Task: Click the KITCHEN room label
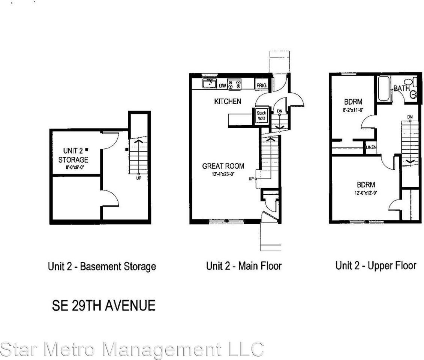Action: click(227, 101)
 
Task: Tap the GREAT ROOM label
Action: click(223, 166)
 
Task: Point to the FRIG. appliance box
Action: click(261, 85)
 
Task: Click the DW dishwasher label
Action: click(222, 86)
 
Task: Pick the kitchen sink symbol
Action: click(208, 84)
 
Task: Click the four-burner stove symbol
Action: click(235, 84)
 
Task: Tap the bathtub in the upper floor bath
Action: click(384, 88)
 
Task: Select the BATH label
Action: click(401, 89)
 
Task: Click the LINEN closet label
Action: click(371, 147)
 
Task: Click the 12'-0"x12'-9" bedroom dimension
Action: click(366, 193)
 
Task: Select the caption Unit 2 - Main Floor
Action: click(244, 266)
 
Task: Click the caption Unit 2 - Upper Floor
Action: click(376, 266)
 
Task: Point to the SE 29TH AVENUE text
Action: click(103, 306)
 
